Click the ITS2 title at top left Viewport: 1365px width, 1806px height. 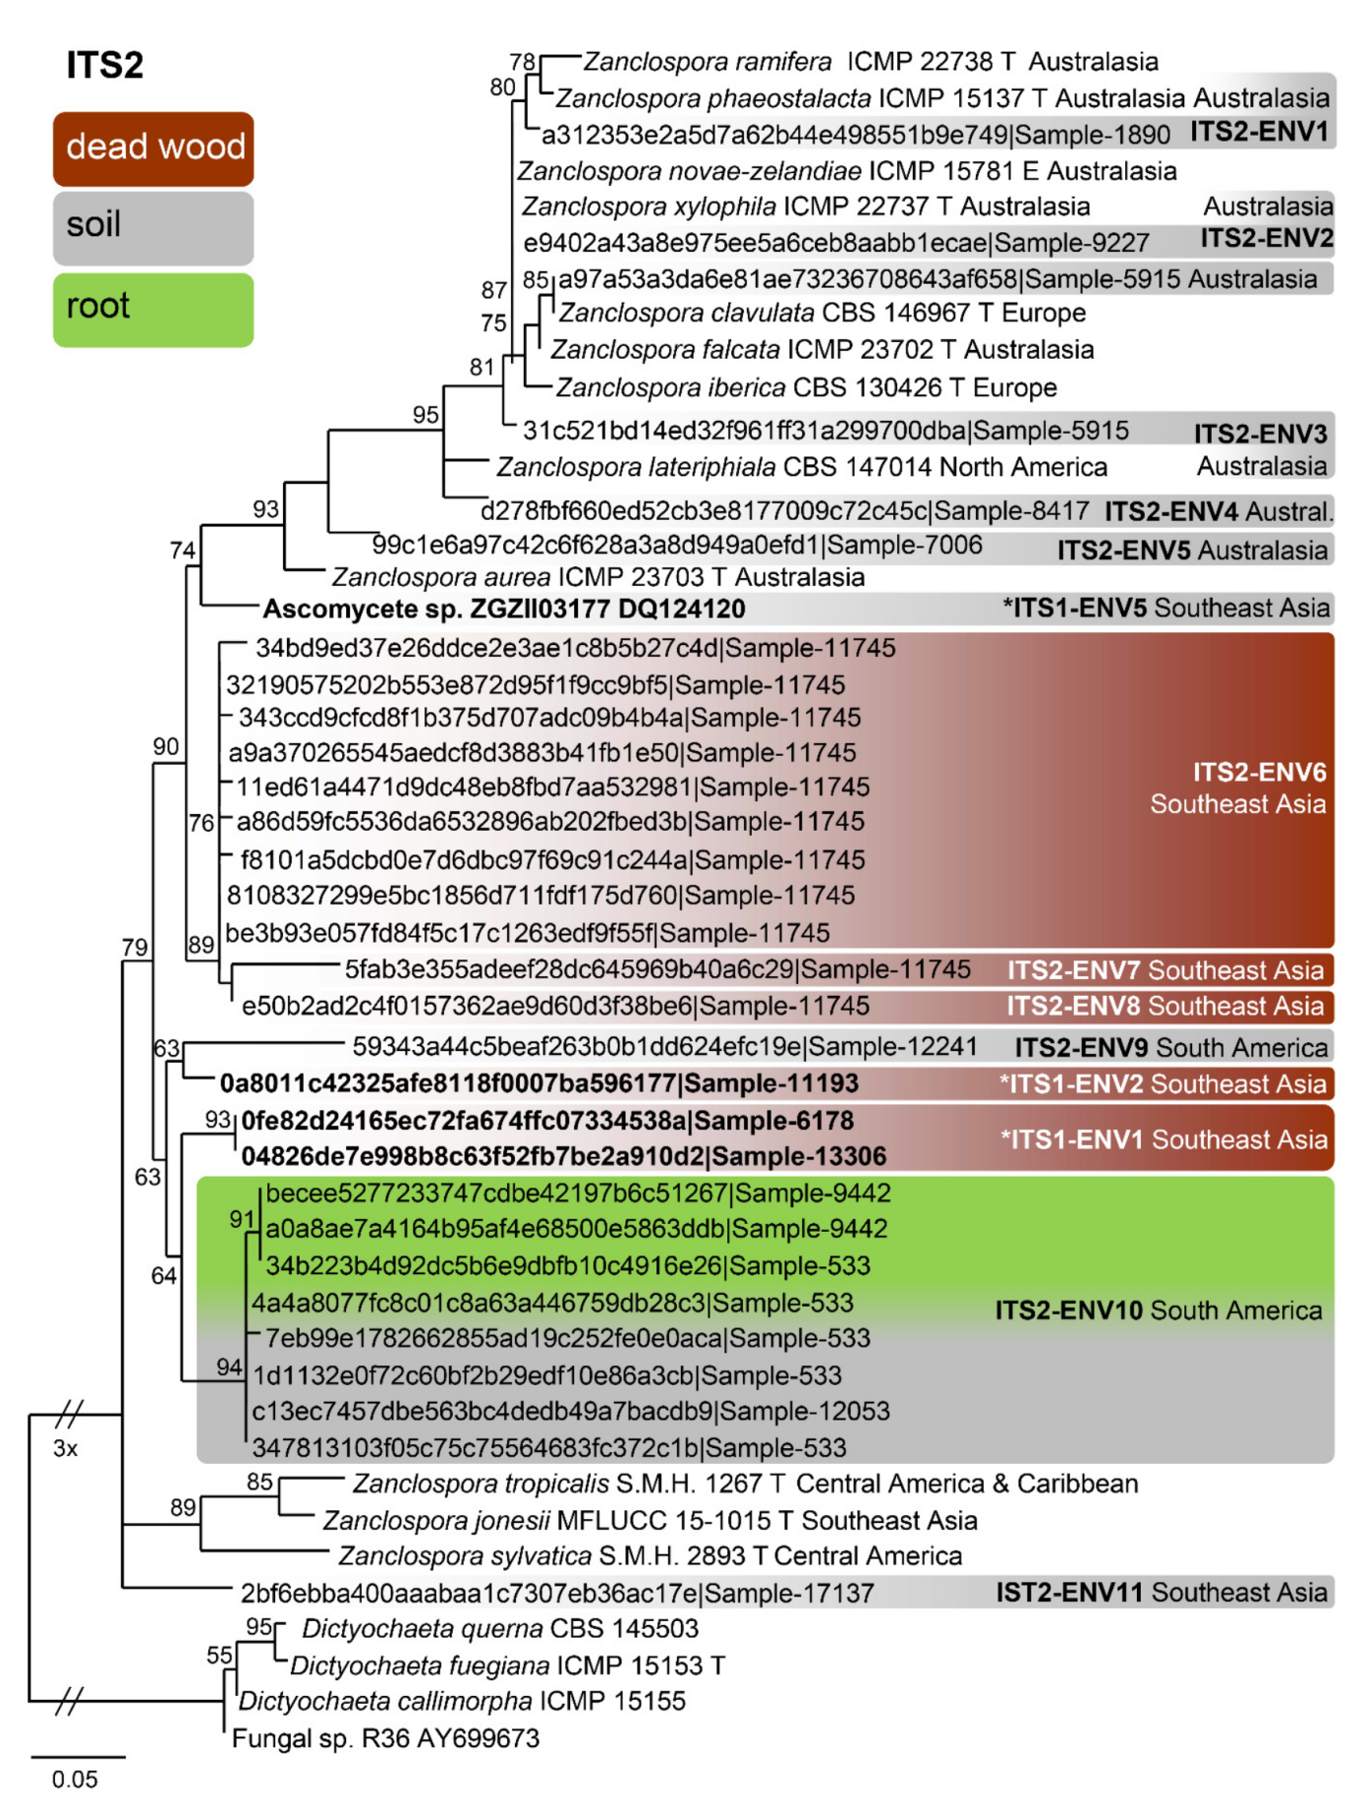click(x=104, y=65)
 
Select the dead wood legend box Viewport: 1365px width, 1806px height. click(x=153, y=148)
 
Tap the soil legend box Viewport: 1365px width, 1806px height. click(x=153, y=227)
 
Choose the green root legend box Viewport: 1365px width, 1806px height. click(x=153, y=309)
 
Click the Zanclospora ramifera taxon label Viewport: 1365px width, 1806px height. click(x=870, y=62)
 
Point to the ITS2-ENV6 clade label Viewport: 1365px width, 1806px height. click(x=1258, y=773)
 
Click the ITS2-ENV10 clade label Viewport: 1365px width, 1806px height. click(x=1068, y=1311)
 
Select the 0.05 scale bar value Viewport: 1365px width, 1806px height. click(x=75, y=1779)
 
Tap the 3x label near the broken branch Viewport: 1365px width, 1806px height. click(x=66, y=1448)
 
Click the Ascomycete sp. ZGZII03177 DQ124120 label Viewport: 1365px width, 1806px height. click(x=503, y=610)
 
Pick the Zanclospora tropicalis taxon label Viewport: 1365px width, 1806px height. click(x=745, y=1484)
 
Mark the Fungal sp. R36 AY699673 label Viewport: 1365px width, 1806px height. click(x=385, y=1739)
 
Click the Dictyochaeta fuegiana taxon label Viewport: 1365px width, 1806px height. click(x=507, y=1665)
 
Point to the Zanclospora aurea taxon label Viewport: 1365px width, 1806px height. click(x=597, y=577)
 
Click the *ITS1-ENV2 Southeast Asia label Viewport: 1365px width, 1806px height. click(x=1162, y=1084)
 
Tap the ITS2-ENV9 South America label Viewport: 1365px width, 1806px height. click(x=1170, y=1048)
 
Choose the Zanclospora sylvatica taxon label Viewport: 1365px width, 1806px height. click(x=650, y=1556)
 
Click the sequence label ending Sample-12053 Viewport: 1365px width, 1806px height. click(x=570, y=1412)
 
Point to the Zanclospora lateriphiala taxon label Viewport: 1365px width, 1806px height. click(x=801, y=467)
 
